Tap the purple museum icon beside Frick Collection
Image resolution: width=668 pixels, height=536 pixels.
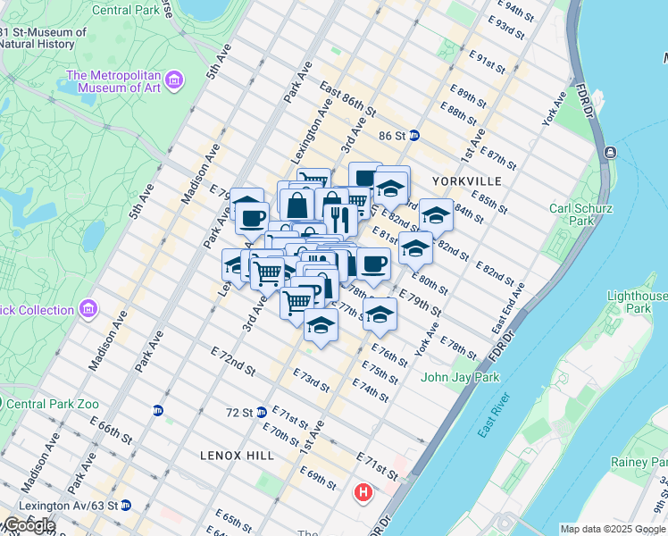(x=88, y=310)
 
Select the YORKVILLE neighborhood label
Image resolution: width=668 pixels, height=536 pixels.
(x=466, y=181)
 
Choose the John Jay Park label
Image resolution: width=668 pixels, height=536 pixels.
(x=461, y=377)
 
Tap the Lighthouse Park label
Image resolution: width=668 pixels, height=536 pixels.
(x=639, y=302)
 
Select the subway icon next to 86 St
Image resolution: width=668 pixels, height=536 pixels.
(x=415, y=137)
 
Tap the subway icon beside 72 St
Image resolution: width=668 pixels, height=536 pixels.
(x=262, y=412)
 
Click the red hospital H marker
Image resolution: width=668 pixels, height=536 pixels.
(x=363, y=492)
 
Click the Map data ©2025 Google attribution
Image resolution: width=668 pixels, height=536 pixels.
(x=613, y=529)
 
